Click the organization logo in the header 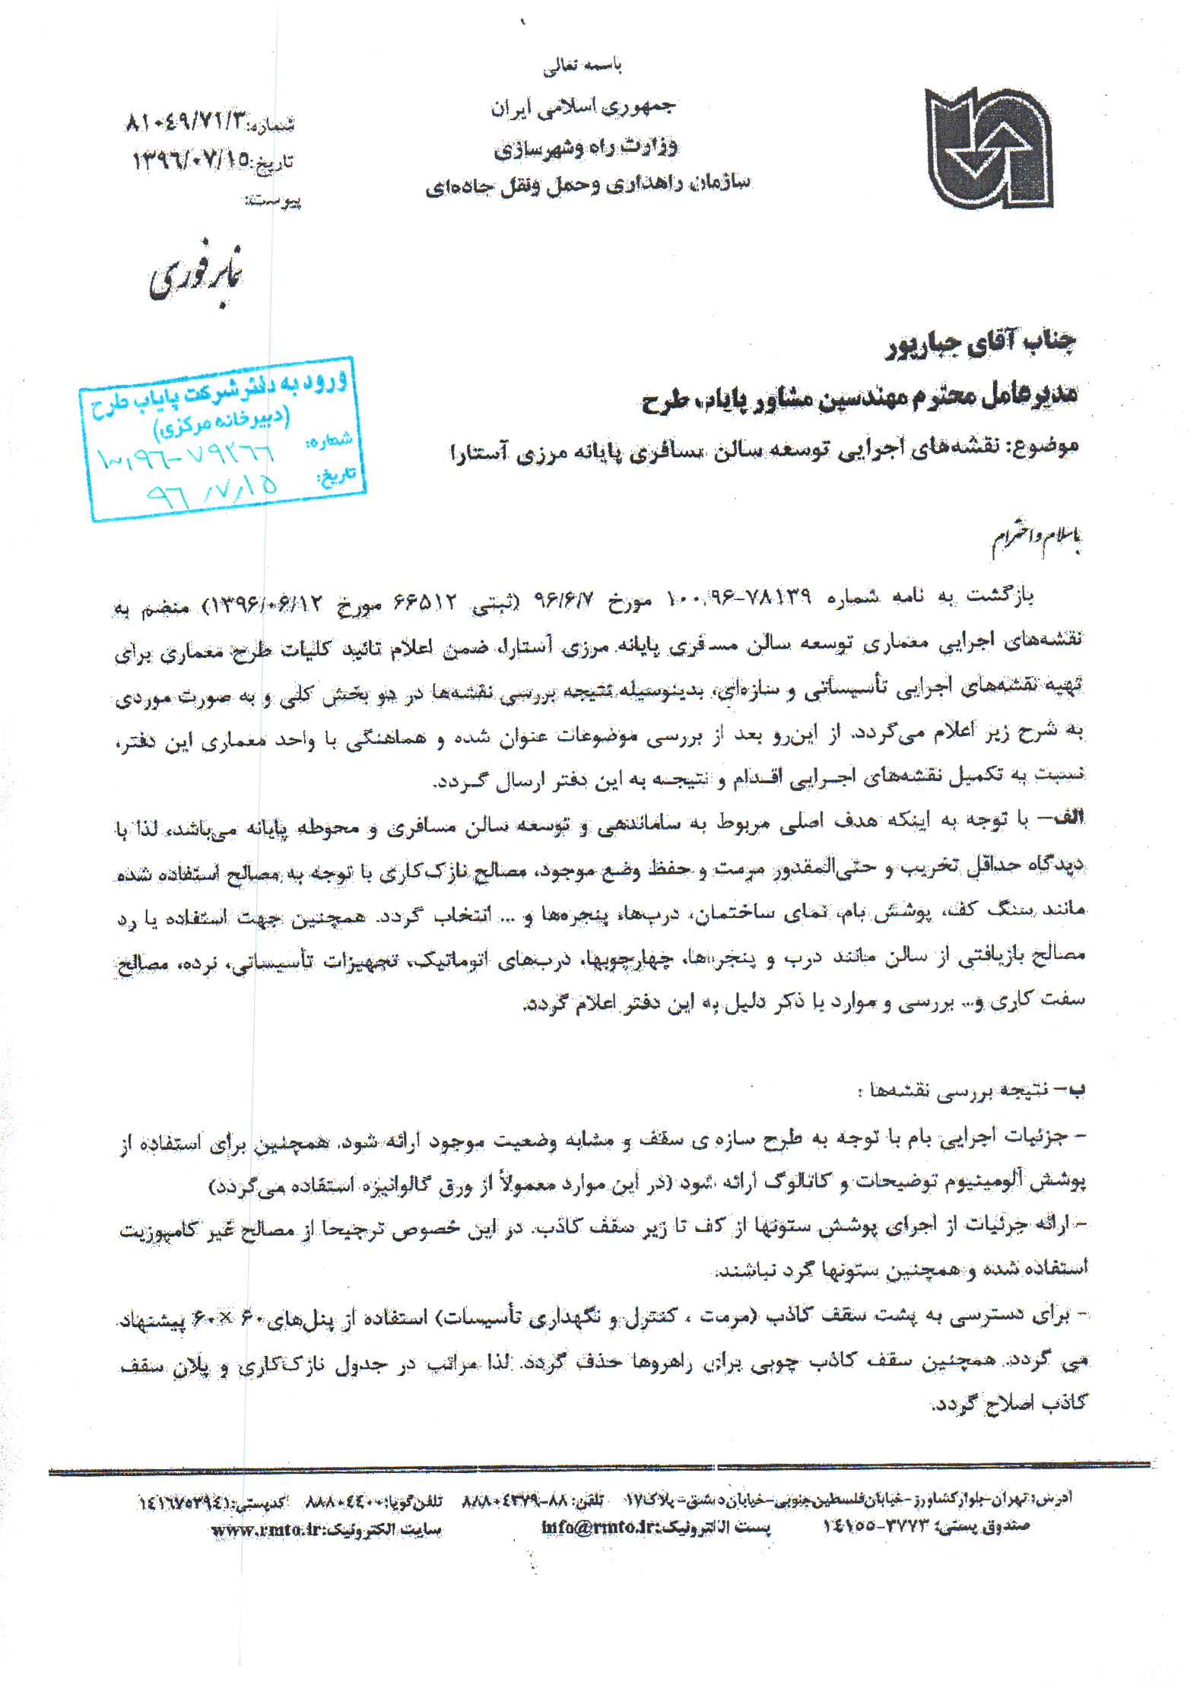click(988, 148)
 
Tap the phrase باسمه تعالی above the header click(582, 67)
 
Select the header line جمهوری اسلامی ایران click(583, 107)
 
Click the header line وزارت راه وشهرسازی click(585, 147)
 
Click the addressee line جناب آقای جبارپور click(981, 344)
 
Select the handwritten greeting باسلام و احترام click(1036, 541)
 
